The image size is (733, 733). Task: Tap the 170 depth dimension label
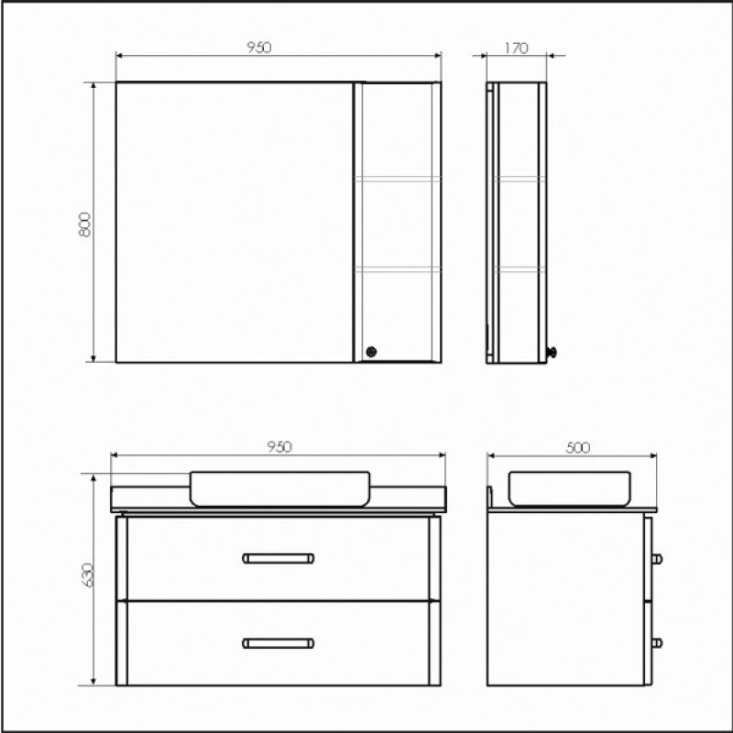point(516,49)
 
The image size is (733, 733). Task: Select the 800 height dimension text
point(84,224)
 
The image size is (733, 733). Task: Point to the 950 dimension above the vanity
point(279,446)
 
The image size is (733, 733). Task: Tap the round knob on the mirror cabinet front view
point(372,350)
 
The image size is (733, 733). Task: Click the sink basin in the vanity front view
point(279,487)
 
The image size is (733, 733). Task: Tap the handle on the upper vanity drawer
point(279,557)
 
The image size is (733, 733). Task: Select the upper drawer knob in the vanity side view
point(658,557)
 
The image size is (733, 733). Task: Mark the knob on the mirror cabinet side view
point(552,351)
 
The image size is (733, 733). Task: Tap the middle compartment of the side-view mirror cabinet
point(518,223)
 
